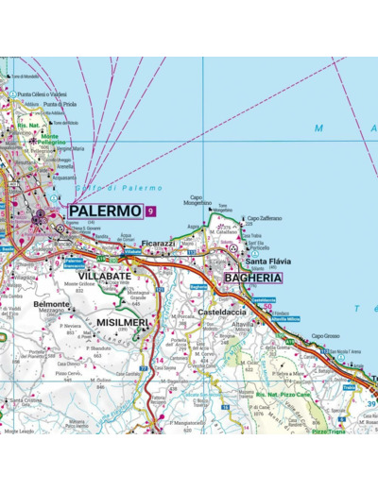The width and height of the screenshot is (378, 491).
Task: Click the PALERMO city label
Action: click(x=105, y=211)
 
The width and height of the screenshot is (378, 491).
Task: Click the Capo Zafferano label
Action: click(x=266, y=218)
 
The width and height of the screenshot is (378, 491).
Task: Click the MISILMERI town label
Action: click(x=122, y=322)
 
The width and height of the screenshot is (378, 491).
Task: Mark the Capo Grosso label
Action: click(x=326, y=336)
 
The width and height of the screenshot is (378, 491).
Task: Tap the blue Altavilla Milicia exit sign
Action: click(x=283, y=320)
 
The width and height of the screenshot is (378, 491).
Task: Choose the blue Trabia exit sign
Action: click(x=349, y=387)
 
